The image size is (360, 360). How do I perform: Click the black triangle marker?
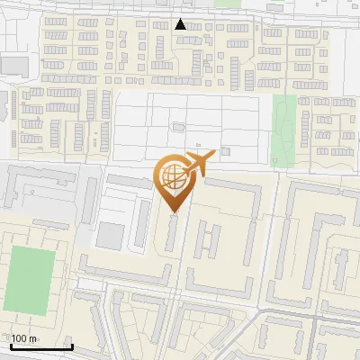click(x=181, y=24)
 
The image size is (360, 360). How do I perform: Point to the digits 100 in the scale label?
click(x=19, y=338)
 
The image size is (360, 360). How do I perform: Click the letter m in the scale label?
click(x=32, y=338)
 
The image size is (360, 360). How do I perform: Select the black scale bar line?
click(x=42, y=346)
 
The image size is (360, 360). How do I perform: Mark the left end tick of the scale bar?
click(x=12, y=345)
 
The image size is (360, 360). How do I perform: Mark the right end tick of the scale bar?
click(x=72, y=345)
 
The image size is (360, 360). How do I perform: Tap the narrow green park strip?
click(x=284, y=130)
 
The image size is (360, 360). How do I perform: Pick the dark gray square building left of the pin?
click(x=111, y=236)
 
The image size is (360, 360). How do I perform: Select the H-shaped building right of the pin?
click(x=208, y=238)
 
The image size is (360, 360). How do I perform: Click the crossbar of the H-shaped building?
click(x=208, y=239)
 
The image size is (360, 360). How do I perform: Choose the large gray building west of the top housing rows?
click(x=14, y=65)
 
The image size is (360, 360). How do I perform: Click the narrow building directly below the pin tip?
click(x=172, y=234)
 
